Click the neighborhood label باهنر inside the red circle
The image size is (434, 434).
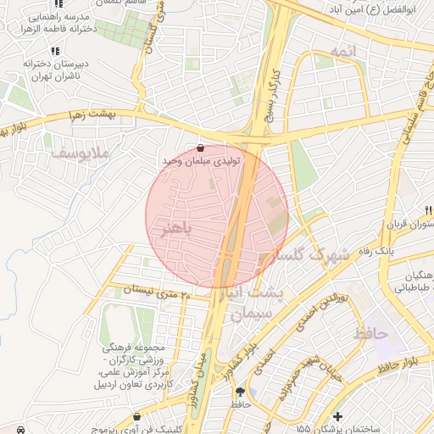[x=176, y=229]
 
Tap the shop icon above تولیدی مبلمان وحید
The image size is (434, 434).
[x=200, y=148]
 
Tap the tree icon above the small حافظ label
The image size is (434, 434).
[x=240, y=392]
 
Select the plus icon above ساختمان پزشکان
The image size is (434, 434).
[x=337, y=416]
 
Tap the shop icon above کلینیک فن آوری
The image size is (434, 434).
[x=137, y=416]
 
